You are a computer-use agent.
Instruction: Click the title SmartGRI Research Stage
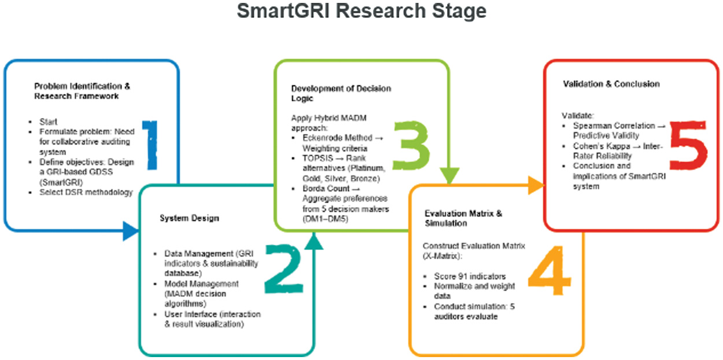(361, 11)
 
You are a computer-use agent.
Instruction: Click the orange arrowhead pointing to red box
(537, 186)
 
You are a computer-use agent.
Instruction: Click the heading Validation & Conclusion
(611, 84)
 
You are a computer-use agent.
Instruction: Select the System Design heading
(181, 218)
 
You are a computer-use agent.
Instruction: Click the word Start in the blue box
(49, 122)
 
